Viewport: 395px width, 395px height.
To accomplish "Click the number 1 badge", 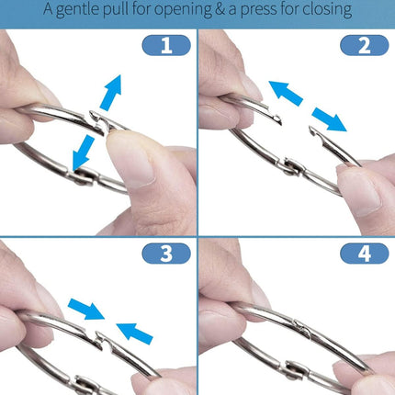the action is (x=166, y=45).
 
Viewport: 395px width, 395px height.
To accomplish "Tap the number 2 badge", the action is (x=365, y=45).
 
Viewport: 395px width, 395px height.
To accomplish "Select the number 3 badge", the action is (x=166, y=254).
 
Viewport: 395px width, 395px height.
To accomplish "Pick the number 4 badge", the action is (x=365, y=254).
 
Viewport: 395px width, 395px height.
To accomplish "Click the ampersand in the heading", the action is (x=220, y=9).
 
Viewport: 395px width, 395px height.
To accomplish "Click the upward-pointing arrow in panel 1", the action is (x=111, y=92).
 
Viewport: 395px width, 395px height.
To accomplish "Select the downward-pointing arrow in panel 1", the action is (x=83, y=152).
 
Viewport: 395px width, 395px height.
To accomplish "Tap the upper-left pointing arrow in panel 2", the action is (x=286, y=93).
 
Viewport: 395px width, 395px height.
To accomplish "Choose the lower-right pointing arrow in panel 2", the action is (x=329, y=119).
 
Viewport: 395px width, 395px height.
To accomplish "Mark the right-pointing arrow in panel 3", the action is (x=86, y=309).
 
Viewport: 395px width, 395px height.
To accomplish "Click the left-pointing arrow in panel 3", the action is (x=135, y=333).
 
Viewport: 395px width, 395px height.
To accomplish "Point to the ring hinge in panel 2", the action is (x=291, y=167).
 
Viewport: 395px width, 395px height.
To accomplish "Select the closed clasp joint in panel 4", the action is (x=302, y=328).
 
